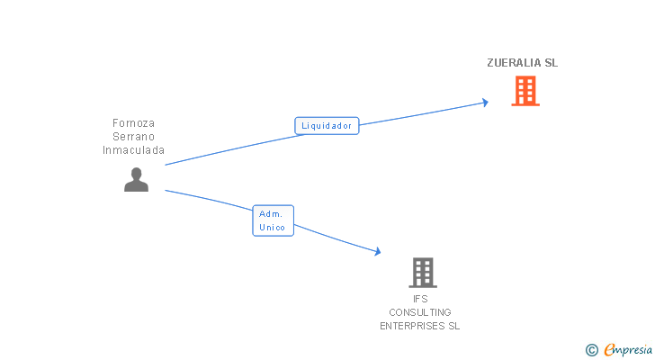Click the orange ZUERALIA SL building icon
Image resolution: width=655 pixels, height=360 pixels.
525,91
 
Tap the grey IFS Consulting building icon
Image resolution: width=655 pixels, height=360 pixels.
422,272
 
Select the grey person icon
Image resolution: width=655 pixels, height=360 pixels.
136,180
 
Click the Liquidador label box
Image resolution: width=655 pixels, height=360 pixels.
327,126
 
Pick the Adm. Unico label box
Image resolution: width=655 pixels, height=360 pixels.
272,220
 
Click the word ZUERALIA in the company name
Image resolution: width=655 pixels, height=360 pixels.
514,63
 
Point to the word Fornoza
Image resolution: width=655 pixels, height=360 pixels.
134,123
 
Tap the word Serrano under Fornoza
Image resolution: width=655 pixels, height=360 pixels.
134,137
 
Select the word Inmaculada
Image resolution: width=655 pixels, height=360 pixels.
134,150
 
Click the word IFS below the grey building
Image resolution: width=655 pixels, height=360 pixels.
420,299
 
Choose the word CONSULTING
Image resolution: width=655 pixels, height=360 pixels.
420,312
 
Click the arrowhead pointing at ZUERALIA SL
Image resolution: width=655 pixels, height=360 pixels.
485,102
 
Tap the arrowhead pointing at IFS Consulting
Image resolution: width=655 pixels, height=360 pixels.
378,252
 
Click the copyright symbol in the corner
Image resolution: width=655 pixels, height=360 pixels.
591,350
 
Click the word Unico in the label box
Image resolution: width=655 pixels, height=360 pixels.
272,228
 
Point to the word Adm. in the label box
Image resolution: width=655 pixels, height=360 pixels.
271,214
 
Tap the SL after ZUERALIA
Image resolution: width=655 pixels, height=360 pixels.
552,63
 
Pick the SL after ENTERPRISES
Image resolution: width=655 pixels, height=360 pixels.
453,326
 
